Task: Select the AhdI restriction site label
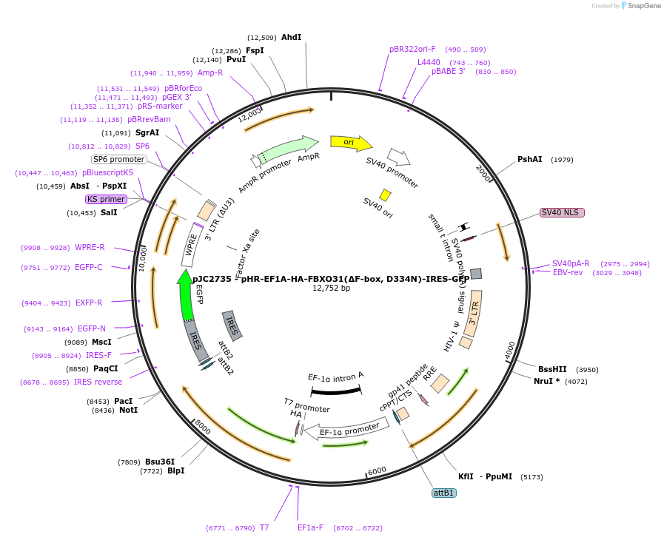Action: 291,37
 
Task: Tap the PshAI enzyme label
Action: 529,159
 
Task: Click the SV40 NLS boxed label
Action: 562,212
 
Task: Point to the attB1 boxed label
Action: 444,492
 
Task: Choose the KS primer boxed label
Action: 106,199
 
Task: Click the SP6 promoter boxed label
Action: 118,159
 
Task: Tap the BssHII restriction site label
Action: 553,369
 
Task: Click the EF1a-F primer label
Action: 310,528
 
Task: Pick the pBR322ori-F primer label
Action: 412,50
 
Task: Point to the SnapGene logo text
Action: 640,6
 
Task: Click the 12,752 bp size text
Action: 331,288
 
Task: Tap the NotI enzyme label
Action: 128,410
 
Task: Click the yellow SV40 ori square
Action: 385,195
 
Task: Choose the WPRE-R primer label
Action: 90,247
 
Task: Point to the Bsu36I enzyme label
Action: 160,462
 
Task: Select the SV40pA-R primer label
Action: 571,263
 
